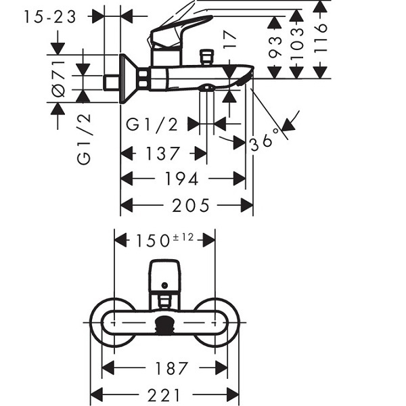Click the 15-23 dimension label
coord(50,18)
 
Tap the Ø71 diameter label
coord(59,79)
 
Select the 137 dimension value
coord(162,154)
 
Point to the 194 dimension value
coord(182,179)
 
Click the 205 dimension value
coord(191,205)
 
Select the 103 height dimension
coord(297,43)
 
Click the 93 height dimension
coord(275,47)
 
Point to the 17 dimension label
coord(229,39)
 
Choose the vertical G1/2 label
coord(84,139)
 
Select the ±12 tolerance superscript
coord(183,238)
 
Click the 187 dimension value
coord(171,368)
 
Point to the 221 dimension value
coord(164,395)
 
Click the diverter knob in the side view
coord(206,57)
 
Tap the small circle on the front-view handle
coord(164,286)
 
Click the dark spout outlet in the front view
coord(164,325)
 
